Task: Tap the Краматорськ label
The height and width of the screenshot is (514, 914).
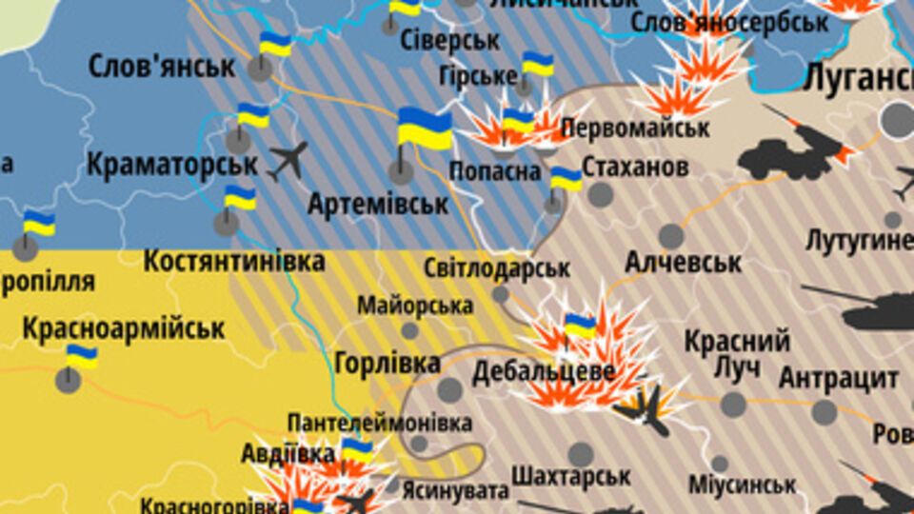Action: (171, 165)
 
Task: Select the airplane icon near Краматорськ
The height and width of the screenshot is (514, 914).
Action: (288, 161)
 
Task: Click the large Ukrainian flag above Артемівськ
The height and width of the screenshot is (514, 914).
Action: (424, 129)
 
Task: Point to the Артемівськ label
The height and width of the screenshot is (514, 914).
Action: (378, 204)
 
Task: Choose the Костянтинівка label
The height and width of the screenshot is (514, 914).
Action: (234, 261)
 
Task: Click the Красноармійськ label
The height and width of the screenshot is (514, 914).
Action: (123, 329)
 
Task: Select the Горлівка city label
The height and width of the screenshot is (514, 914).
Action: (387, 363)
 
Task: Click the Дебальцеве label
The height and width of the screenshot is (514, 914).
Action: (543, 370)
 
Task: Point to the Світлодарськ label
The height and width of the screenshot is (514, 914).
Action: (496, 268)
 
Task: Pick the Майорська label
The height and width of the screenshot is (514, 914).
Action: (415, 306)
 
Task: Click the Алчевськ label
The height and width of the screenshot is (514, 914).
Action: (683, 261)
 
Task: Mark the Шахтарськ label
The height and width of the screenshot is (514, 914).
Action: (571, 475)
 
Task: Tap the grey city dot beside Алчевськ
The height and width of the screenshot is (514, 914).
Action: (671, 235)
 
